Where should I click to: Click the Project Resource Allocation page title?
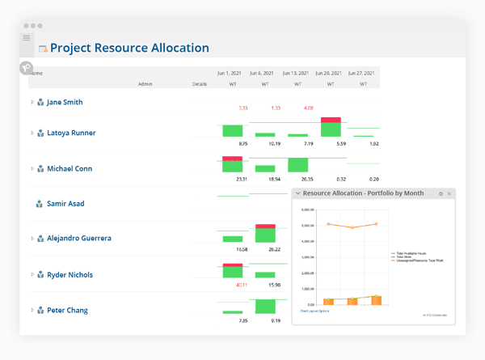click(x=129, y=48)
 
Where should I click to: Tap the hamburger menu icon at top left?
click(x=27, y=38)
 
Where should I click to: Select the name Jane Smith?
click(x=65, y=103)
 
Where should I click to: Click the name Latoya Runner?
click(x=71, y=133)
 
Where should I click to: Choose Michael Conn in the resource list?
click(x=70, y=169)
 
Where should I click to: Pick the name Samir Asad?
click(x=65, y=204)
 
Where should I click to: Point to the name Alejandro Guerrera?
click(x=79, y=239)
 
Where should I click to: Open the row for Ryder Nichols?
click(x=70, y=275)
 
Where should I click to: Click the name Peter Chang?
click(x=67, y=311)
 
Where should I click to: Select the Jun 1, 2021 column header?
click(x=232, y=73)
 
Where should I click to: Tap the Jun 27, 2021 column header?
click(x=363, y=73)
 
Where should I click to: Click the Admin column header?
click(x=145, y=84)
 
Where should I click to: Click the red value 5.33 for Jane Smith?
click(x=243, y=108)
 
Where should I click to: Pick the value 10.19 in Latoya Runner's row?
click(x=275, y=143)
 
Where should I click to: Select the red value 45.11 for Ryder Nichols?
click(x=242, y=285)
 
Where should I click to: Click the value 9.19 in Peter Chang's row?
click(x=276, y=320)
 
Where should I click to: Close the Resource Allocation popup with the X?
click(x=449, y=194)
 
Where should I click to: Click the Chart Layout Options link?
click(x=315, y=311)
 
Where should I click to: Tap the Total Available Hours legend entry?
click(x=408, y=253)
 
